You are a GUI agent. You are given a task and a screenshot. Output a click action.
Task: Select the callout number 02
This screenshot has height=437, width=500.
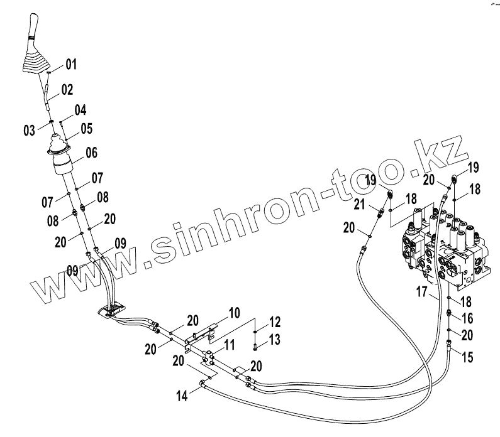(67, 90)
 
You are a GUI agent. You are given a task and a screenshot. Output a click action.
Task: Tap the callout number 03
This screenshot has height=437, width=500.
(29, 130)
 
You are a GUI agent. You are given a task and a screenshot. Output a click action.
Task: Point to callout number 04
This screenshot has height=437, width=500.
(80, 111)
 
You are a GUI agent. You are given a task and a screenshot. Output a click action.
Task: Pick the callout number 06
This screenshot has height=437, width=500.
(92, 152)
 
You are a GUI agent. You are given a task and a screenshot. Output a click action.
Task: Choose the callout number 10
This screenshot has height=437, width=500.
(233, 312)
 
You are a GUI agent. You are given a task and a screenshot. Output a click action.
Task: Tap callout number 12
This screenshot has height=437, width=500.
(275, 323)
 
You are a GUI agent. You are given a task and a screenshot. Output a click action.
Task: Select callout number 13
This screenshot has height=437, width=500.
(275, 340)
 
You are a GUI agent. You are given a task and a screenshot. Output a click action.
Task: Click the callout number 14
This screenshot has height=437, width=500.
(182, 396)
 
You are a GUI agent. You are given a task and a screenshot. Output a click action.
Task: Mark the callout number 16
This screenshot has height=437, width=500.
(467, 319)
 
